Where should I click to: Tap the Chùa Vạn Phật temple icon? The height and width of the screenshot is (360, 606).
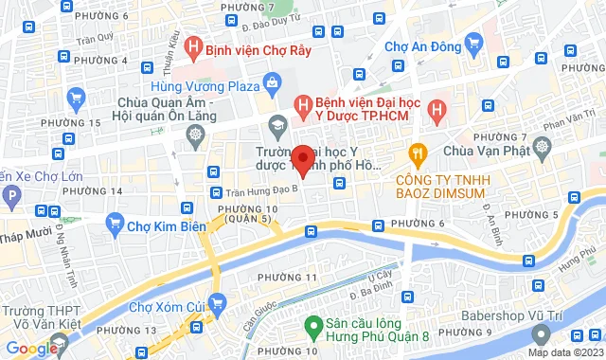click(x=542, y=148)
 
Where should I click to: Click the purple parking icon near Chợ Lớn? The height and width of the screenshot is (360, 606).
click(x=11, y=197)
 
